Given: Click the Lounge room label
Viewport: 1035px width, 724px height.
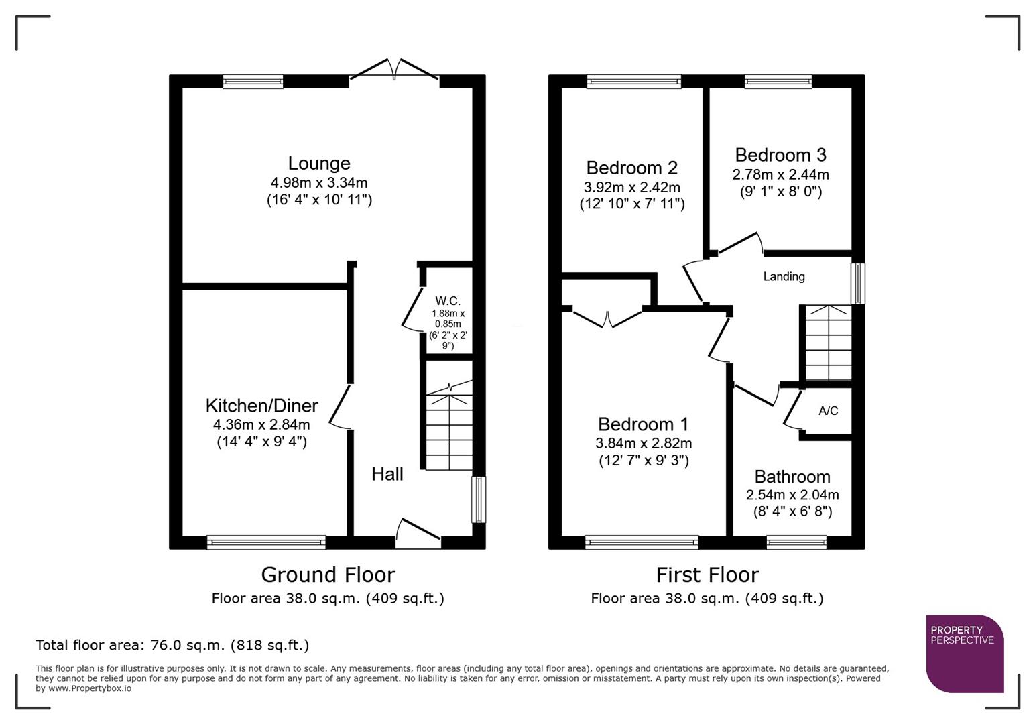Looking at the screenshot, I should pyautogui.click(x=319, y=163).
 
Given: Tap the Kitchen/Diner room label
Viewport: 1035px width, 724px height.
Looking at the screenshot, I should pyautogui.click(x=261, y=406).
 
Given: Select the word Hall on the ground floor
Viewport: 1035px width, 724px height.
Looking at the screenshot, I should pyautogui.click(x=387, y=474).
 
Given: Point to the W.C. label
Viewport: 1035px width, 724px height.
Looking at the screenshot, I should pyautogui.click(x=448, y=301).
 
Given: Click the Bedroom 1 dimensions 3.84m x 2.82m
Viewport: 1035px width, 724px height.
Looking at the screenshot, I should pyautogui.click(x=644, y=443).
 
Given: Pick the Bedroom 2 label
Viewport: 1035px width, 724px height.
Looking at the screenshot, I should pyautogui.click(x=631, y=168).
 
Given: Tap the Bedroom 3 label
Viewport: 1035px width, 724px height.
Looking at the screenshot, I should pyautogui.click(x=780, y=155).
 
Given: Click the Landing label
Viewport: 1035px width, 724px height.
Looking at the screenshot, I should pyautogui.click(x=784, y=276).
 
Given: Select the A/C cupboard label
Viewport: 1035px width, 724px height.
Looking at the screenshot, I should pyautogui.click(x=828, y=411).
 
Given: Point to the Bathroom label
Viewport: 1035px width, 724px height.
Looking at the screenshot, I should pyautogui.click(x=792, y=477).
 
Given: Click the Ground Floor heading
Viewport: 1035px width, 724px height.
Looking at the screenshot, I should pyautogui.click(x=328, y=575).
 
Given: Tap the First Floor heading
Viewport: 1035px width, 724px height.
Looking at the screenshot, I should pyautogui.click(x=707, y=575).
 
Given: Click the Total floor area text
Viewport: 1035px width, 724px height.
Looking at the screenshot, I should pyautogui.click(x=172, y=645).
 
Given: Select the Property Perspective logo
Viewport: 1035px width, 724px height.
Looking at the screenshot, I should pyautogui.click(x=965, y=654).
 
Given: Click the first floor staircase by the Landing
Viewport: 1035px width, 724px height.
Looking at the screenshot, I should pyautogui.click(x=828, y=343).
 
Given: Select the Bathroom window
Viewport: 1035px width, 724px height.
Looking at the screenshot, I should pyautogui.click(x=796, y=542).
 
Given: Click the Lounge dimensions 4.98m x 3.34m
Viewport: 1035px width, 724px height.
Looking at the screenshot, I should pyautogui.click(x=319, y=182).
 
